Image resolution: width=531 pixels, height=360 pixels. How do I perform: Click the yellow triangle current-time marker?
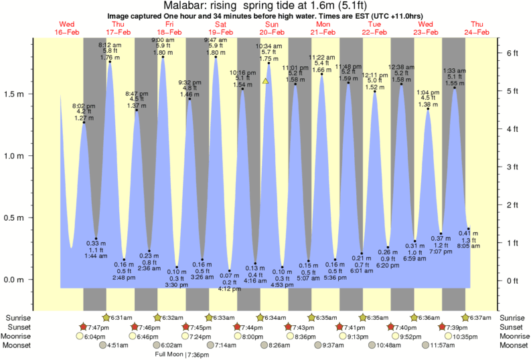pyautogui.click(x=266, y=81)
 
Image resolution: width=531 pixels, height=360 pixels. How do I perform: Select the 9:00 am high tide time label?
pyautogui.click(x=163, y=39)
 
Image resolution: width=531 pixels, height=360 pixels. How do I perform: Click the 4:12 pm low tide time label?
pyautogui.click(x=229, y=289)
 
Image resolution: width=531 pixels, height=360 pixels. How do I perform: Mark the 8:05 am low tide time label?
pyautogui.click(x=468, y=246)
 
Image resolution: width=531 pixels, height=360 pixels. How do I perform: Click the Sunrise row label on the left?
pyautogui.click(x=19, y=317)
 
